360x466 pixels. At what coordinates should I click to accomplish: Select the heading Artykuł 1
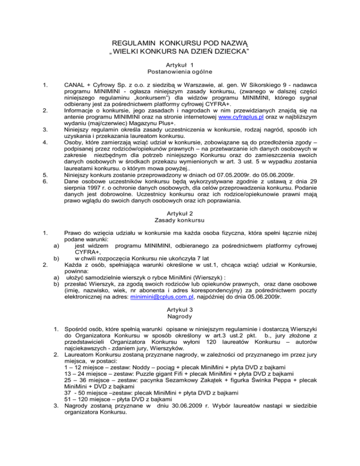(180, 65)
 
